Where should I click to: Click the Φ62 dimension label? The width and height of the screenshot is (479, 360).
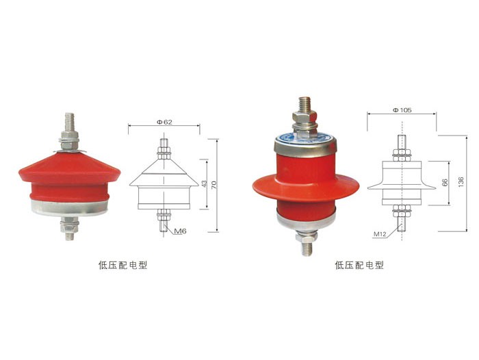pyautogui.click(x=164, y=122)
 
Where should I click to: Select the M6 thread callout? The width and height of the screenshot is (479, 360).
pyautogui.click(x=180, y=231)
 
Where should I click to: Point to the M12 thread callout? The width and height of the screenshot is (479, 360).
pyautogui.click(x=380, y=234)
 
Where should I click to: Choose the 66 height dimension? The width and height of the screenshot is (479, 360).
pyautogui.click(x=445, y=183)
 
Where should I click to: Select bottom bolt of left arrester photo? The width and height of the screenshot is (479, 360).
pyautogui.click(x=69, y=229)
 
